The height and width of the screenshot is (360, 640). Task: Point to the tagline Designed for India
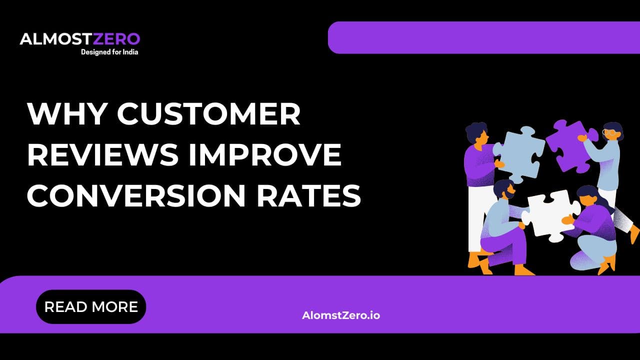(x=109, y=51)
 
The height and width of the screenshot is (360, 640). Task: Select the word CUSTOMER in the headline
(x=209, y=114)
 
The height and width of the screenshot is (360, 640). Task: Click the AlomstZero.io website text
(x=341, y=315)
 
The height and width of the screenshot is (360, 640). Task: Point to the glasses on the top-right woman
(x=609, y=133)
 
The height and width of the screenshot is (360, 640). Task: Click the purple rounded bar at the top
(x=483, y=37)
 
